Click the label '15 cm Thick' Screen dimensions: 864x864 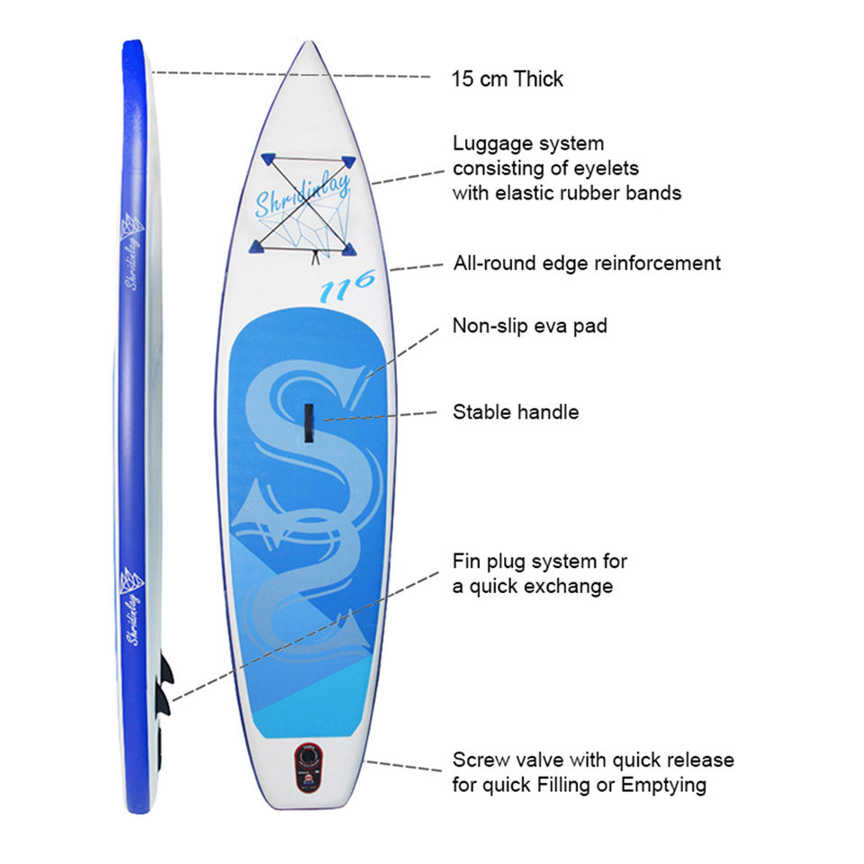pos(508,79)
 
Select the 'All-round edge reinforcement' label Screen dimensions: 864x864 pos(587,263)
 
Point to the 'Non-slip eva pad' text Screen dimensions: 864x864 pos(529,326)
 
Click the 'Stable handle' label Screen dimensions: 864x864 pos(516,412)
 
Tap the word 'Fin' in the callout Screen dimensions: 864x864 pos(464,561)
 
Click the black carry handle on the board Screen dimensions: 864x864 pos(309,423)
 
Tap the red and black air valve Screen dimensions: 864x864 pos(308,768)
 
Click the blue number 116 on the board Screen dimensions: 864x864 pos(347,286)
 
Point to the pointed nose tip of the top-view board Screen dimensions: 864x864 pos(309,42)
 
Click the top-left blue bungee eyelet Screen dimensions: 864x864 pos(268,159)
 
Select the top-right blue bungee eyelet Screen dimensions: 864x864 pos(348,162)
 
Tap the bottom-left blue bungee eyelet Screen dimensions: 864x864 pos(256,247)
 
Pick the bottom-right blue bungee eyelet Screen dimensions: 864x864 pos(349,249)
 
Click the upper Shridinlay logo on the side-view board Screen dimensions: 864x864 pos(131,251)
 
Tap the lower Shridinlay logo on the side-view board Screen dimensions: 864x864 pos(131,606)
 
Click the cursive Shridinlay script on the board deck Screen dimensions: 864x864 pos(303,194)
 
